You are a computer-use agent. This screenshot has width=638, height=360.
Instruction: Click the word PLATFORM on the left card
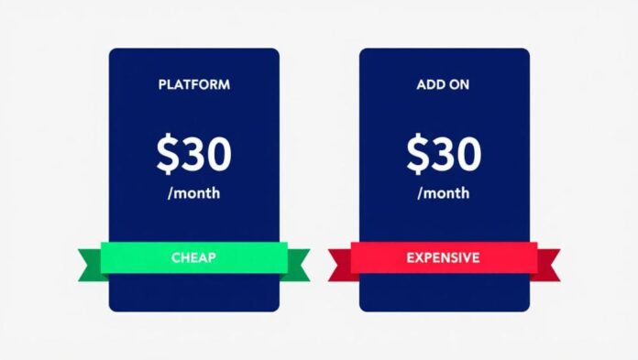(x=193, y=85)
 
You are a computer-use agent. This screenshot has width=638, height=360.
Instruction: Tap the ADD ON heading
(x=444, y=85)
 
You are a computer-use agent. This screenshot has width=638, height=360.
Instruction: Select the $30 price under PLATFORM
(x=193, y=155)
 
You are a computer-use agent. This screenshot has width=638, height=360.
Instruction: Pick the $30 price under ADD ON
(x=444, y=155)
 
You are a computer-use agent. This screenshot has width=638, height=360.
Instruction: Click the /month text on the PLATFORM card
(x=193, y=194)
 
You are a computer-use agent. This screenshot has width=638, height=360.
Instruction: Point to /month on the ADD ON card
(x=444, y=194)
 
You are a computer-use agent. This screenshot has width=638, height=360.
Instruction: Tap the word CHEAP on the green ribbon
(x=193, y=258)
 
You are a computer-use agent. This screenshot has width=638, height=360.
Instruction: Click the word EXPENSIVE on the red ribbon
(x=443, y=258)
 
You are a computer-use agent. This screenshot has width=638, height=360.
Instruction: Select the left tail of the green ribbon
(x=88, y=265)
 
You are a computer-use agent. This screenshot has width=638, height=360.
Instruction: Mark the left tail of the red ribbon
(x=339, y=265)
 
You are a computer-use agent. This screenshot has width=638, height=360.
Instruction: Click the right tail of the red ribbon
(x=547, y=265)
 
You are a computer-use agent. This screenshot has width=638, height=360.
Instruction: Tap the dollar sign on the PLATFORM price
(x=168, y=156)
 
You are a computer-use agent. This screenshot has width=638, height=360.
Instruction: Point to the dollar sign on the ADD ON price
(x=418, y=156)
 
